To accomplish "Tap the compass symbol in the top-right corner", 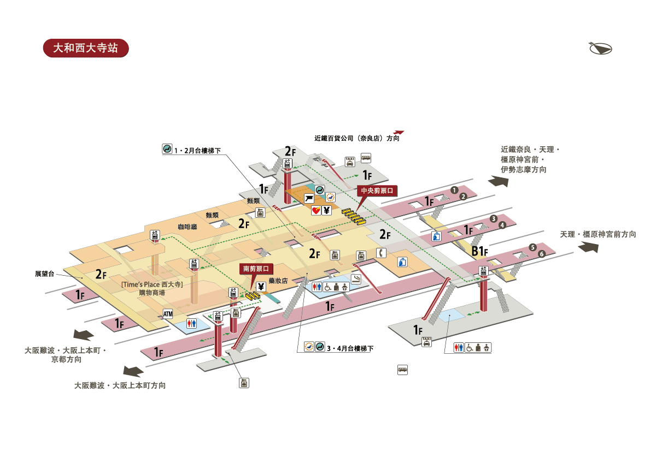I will click(x=600, y=48).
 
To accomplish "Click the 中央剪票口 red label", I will click(x=377, y=191).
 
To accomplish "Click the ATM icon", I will click(x=168, y=314).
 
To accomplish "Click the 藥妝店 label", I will click(x=278, y=281).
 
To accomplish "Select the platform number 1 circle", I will click(x=453, y=189).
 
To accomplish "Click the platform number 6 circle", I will click(x=542, y=254).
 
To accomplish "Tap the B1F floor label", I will click(x=479, y=252).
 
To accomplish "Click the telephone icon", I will click(x=381, y=253).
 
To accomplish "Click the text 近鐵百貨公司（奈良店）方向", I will click(x=356, y=139).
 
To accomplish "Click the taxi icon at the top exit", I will click(x=350, y=161).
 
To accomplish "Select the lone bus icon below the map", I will click(x=402, y=370).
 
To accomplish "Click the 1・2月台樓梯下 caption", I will click(x=197, y=150).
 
